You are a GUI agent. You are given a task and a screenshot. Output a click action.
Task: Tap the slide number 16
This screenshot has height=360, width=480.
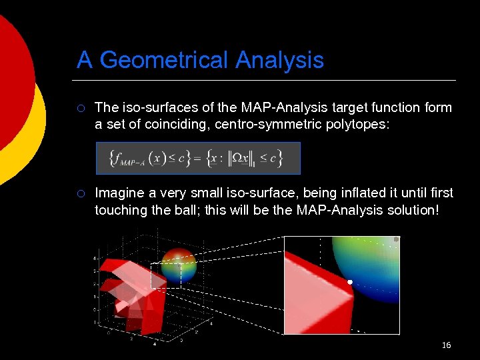[x=446, y=345]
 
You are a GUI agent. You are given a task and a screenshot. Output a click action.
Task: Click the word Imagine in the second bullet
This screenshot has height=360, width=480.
[x=117, y=193]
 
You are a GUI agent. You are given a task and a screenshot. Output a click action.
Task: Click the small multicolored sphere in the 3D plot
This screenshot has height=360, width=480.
[x=179, y=265]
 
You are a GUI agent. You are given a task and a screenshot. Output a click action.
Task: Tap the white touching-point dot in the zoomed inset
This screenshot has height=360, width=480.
[x=349, y=283]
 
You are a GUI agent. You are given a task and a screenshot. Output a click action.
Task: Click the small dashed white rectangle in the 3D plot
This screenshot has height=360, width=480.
[x=161, y=275]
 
